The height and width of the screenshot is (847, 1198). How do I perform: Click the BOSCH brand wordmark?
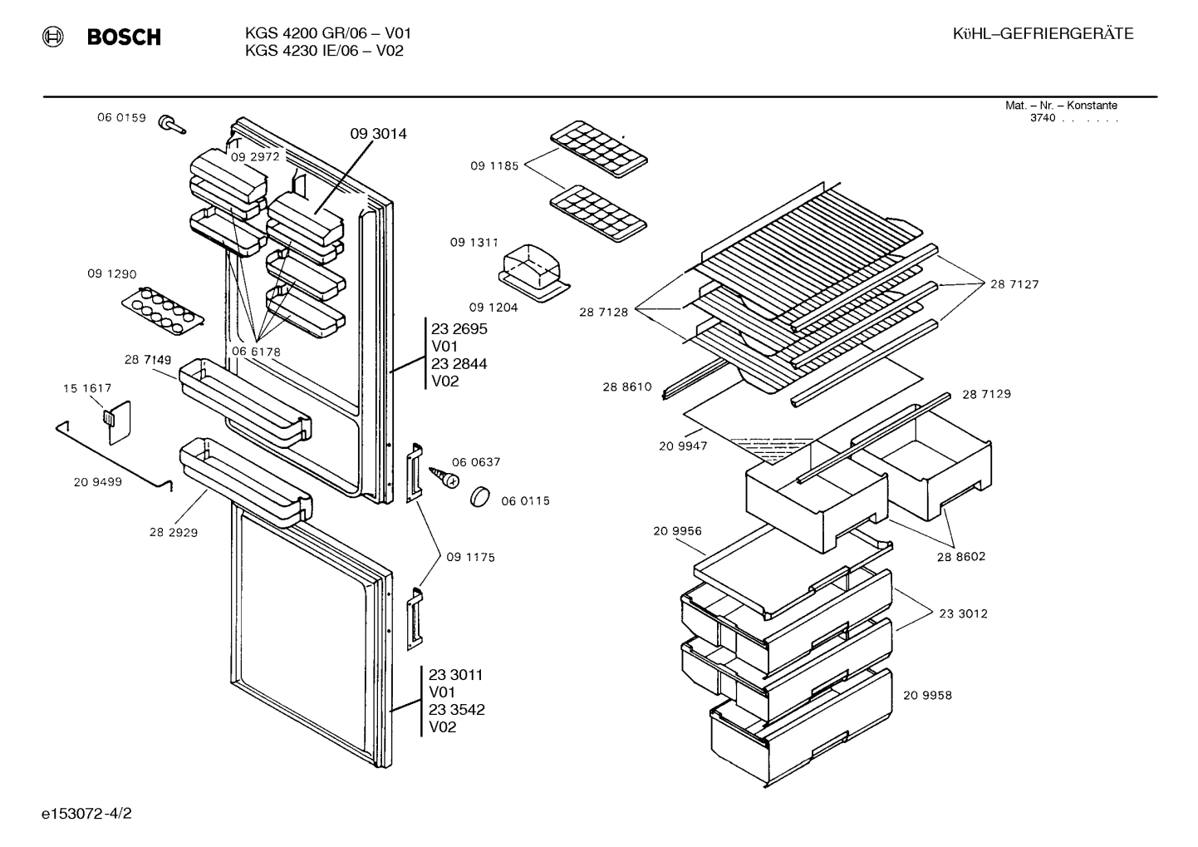click(124, 37)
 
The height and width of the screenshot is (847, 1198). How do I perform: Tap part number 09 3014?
click(378, 134)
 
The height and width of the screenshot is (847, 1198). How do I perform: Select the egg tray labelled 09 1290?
click(163, 310)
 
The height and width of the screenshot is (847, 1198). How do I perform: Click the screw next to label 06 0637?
click(444, 477)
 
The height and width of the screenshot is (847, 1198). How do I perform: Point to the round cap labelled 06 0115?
click(479, 496)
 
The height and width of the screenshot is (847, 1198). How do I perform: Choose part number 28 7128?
click(603, 313)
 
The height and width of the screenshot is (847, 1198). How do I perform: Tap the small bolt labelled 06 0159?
click(172, 124)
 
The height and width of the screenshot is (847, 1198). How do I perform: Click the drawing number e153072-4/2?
click(86, 814)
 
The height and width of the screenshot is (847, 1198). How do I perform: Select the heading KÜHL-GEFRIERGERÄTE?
click(1043, 34)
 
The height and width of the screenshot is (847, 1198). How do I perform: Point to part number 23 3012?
click(963, 613)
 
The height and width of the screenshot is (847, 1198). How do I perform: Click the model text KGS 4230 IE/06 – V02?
click(324, 52)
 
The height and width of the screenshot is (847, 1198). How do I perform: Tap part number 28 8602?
click(961, 556)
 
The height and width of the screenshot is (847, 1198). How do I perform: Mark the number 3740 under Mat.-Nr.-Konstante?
click(1043, 118)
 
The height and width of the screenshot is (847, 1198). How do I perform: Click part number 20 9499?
click(98, 482)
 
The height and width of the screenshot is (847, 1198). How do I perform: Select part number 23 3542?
click(457, 710)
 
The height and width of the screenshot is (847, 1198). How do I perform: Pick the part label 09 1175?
click(470, 558)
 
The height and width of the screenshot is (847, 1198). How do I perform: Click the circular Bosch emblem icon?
click(53, 37)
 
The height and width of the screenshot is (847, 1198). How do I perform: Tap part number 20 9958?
click(928, 696)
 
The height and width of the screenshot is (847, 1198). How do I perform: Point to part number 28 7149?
click(148, 360)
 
